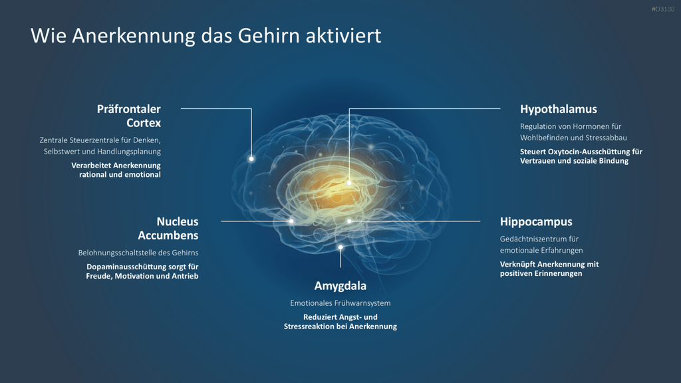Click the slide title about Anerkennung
(x=206, y=36)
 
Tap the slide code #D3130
(x=663, y=9)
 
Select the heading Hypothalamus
(x=559, y=109)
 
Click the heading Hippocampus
(x=536, y=221)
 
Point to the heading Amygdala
(x=340, y=286)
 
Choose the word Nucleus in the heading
(x=177, y=221)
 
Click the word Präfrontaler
(x=128, y=109)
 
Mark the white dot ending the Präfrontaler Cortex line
(x=251, y=159)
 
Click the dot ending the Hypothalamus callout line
(x=349, y=183)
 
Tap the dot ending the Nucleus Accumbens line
(x=291, y=221)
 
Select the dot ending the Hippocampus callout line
(x=349, y=221)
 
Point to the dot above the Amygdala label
(x=340, y=247)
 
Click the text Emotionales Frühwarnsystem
(x=340, y=303)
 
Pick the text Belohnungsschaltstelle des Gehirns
(x=138, y=253)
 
